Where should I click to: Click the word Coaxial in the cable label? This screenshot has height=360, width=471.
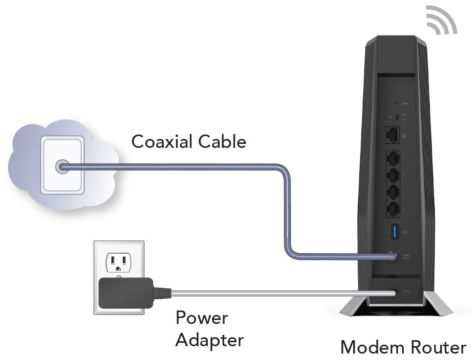162,142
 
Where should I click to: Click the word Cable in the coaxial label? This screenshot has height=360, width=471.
222,142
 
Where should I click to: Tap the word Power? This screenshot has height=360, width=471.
201,317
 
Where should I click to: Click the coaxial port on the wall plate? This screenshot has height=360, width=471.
62,167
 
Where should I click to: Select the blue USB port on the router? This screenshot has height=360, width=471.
395,231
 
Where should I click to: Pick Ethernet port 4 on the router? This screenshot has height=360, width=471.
394,209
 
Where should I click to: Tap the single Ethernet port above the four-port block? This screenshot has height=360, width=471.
394,134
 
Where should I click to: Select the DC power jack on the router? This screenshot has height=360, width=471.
394,292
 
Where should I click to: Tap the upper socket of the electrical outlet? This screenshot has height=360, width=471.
119,260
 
